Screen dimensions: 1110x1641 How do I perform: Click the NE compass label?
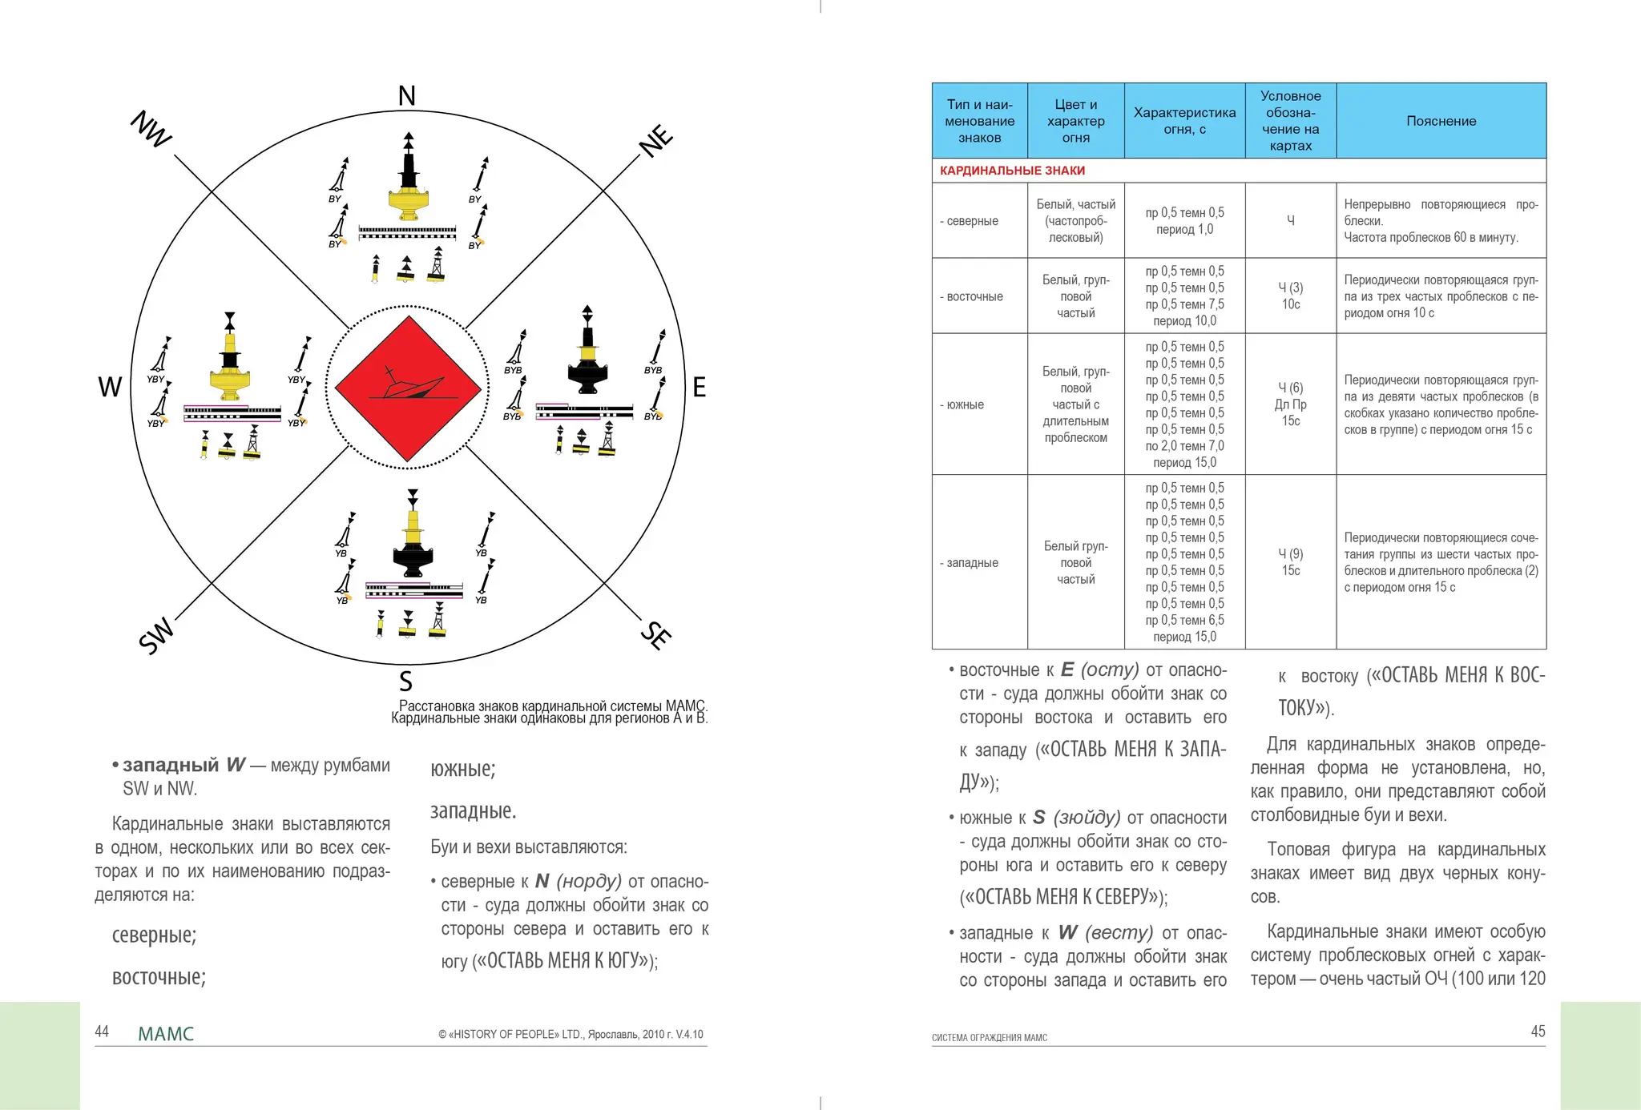(656, 141)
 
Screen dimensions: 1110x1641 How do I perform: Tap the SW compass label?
(156, 635)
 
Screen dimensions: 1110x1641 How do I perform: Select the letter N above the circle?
(407, 96)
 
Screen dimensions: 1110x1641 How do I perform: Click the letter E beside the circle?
(699, 388)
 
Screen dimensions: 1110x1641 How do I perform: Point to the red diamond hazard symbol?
(408, 388)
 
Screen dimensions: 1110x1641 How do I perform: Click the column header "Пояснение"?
(1441, 121)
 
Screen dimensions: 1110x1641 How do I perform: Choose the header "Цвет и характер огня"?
(1075, 121)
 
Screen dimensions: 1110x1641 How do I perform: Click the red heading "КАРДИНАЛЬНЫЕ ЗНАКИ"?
(1012, 171)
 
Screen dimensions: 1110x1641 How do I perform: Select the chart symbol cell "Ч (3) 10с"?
(1290, 296)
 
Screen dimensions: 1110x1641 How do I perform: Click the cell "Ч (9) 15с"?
(1290, 562)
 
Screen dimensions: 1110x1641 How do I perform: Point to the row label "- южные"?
(965, 404)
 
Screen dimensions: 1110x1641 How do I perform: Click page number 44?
(102, 1032)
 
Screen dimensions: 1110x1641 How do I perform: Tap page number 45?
(1538, 1032)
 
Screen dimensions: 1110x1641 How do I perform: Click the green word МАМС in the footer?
(166, 1034)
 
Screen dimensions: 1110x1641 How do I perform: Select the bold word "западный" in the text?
(171, 765)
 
